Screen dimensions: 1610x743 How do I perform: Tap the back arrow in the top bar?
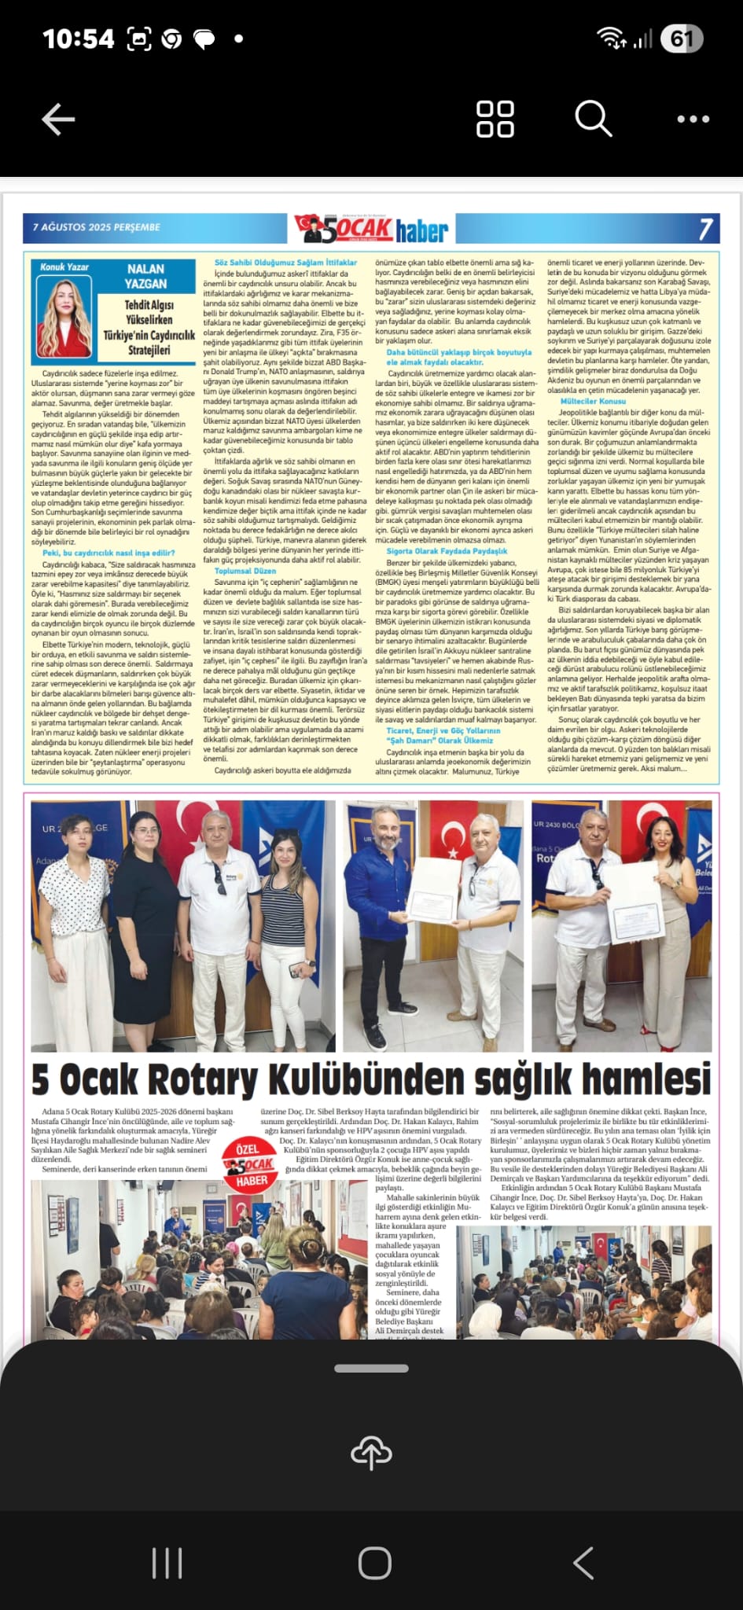pos(58,119)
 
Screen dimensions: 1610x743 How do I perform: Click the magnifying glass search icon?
pos(593,119)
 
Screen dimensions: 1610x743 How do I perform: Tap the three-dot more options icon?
pos(693,119)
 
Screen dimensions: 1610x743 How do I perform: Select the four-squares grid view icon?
pos(495,119)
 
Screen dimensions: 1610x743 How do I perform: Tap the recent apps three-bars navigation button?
pos(167,1564)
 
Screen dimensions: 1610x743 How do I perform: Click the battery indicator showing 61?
pos(681,39)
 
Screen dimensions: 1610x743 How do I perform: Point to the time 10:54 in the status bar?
pos(78,39)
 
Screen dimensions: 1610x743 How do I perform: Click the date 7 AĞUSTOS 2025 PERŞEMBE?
pos(96,227)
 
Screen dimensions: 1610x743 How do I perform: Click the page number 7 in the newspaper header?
pos(705,228)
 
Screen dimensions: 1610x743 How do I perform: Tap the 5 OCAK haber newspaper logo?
pos(372,229)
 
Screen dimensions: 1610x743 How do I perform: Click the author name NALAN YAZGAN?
pos(146,276)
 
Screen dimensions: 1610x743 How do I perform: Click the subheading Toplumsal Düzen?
pos(245,572)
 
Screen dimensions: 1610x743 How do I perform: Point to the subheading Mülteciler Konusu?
pos(593,401)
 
